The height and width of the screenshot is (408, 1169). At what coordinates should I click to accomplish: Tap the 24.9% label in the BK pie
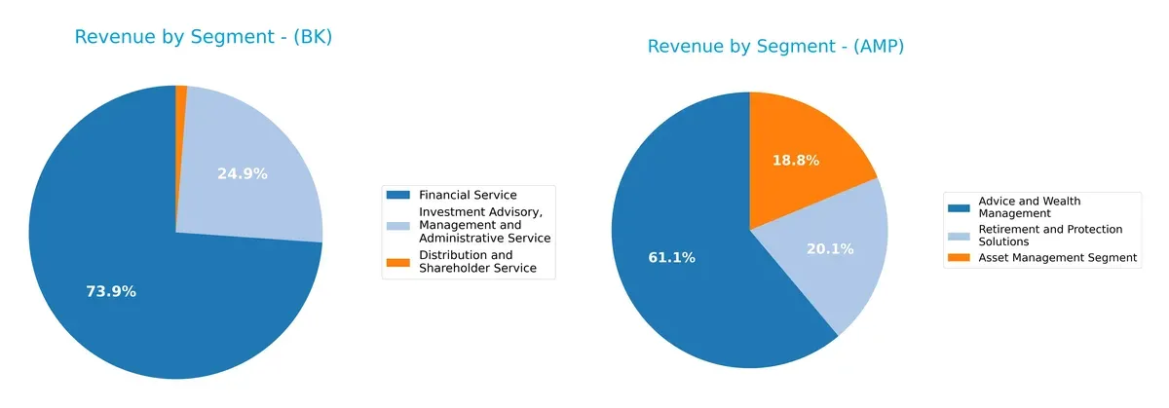pos(243,174)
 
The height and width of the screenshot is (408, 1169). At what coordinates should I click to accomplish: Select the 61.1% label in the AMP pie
pos(672,258)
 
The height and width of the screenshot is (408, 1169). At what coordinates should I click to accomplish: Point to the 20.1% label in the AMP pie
pos(830,249)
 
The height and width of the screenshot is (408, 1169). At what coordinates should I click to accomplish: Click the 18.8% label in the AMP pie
pos(795,160)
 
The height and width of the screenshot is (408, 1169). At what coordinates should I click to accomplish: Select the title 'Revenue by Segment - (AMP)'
pos(775,47)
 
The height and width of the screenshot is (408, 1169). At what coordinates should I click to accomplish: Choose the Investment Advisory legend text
pos(484,225)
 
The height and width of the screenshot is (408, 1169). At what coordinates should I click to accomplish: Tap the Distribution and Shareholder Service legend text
pos(477,261)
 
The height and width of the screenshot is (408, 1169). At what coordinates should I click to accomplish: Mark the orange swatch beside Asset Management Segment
pos(960,258)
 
